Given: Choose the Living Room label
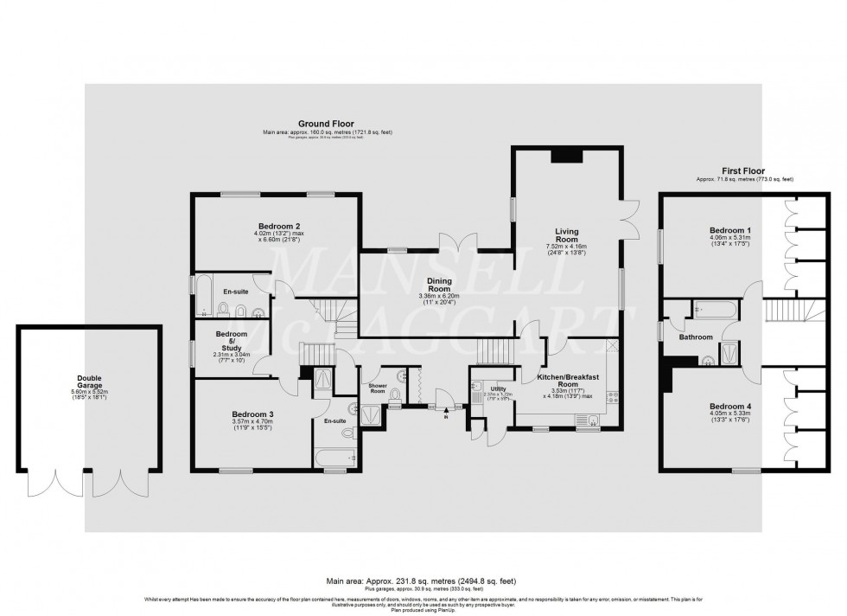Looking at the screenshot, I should pyautogui.click(x=567, y=236).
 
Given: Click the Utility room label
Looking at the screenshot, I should pyautogui.click(x=498, y=389).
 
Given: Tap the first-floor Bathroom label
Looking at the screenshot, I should pyautogui.click(x=696, y=337).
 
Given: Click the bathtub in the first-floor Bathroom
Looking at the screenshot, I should pyautogui.click(x=714, y=307).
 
